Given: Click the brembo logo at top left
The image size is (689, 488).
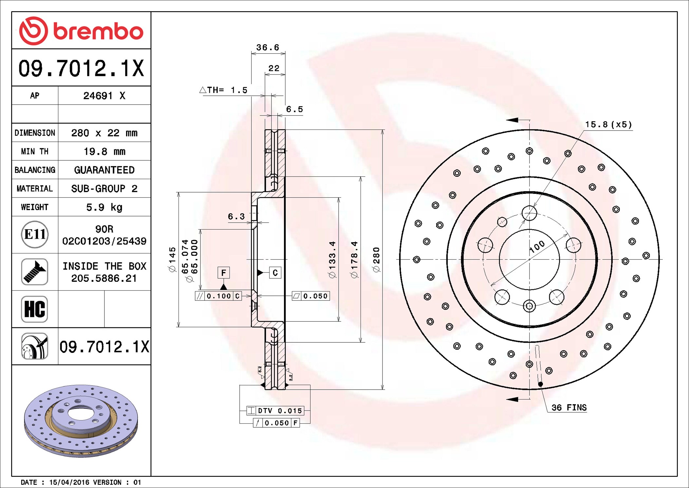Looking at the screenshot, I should [x=81, y=31].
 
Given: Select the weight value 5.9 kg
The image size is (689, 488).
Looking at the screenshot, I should [x=104, y=207].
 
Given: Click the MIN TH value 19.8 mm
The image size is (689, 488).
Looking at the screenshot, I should [x=104, y=152].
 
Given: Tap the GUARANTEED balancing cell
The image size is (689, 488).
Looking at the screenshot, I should [x=104, y=170].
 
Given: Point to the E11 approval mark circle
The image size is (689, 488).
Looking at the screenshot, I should [x=35, y=234].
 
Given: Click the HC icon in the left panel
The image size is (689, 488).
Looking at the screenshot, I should [x=35, y=309].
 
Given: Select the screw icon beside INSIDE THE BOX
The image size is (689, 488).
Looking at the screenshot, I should [x=35, y=272].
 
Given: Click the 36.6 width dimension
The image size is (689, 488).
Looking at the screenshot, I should [x=268, y=48].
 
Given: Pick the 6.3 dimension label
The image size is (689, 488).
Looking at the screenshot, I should [x=236, y=216].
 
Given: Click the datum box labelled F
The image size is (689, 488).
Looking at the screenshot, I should [x=224, y=273].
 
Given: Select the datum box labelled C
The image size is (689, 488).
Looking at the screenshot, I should [x=275, y=273].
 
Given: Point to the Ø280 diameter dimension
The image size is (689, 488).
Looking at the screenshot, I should [x=377, y=259].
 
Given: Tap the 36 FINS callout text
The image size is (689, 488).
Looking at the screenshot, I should [x=569, y=408].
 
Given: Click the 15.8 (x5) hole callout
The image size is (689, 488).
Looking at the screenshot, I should [x=608, y=125].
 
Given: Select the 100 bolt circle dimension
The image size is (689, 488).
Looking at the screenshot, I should [x=537, y=247].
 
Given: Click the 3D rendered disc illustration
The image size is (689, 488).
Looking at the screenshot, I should [x=81, y=421].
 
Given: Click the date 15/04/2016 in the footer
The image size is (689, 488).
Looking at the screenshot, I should [x=69, y=482].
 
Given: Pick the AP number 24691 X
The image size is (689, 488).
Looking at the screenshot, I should [x=104, y=96].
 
